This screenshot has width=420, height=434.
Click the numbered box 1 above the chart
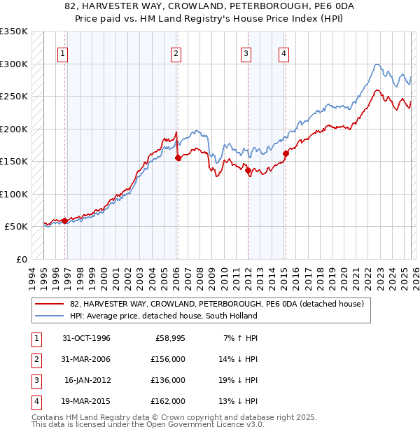(x=63, y=52)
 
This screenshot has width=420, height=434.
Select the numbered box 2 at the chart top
(x=176, y=52)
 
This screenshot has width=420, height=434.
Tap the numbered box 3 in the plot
(x=246, y=52)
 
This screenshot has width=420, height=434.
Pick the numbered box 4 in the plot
(x=283, y=52)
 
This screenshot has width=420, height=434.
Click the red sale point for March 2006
(x=178, y=158)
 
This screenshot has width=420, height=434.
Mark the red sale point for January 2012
(x=248, y=170)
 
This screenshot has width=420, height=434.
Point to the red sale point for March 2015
(x=286, y=154)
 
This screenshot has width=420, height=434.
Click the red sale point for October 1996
(x=65, y=220)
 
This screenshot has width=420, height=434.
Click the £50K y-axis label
(x=17, y=227)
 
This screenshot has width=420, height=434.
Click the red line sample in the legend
(x=50, y=304)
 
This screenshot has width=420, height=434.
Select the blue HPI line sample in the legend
(x=50, y=316)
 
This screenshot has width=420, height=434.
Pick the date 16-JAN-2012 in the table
(x=87, y=381)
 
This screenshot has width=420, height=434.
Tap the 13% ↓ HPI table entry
(x=238, y=402)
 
